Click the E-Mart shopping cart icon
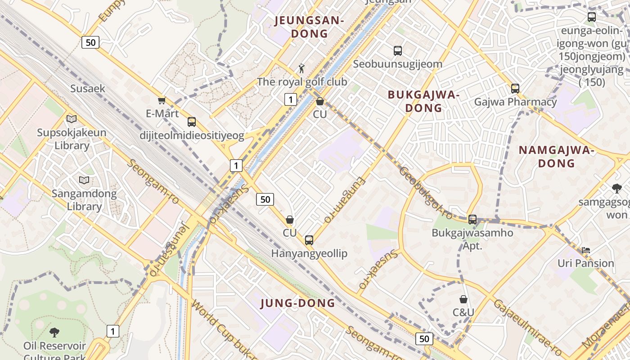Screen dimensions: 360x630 coord(162,100)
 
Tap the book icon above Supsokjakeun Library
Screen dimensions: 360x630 coord(72,119)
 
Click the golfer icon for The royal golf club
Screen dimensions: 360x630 coord(301,68)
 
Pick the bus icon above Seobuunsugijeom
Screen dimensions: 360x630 coord(397,51)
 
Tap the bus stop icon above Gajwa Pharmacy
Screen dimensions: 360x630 coord(515,89)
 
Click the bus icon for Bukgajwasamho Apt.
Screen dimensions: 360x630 coord(472,220)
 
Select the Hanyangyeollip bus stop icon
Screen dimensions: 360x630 coord(309,240)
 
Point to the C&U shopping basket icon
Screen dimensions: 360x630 coord(463,299)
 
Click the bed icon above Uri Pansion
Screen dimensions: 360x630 coord(585,250)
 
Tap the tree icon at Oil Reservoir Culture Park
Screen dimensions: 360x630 coord(54,333)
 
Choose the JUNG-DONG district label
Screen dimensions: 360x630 coord(298,303)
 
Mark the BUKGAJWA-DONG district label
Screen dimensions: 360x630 coord(423,101)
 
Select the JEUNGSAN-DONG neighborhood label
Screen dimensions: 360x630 coord(309,27)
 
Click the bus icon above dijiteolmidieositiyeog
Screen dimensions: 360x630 coord(192,122)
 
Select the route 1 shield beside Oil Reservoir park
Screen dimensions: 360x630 coord(112,332)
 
